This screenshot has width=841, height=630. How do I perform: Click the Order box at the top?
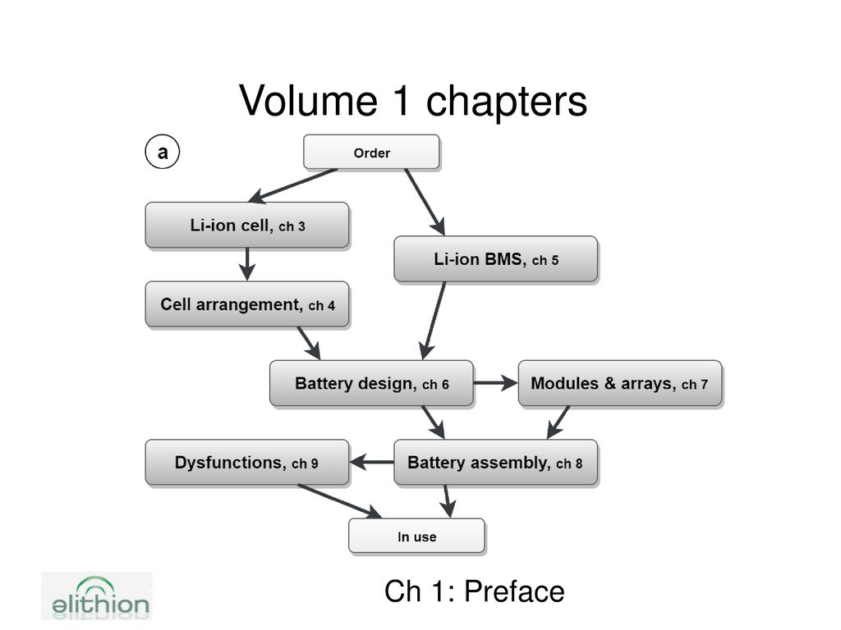coord(372,152)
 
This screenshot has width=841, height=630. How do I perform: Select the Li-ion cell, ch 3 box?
coord(247,225)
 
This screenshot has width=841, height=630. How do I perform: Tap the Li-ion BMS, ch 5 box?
coord(495,259)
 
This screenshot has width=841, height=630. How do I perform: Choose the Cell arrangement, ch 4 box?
coord(247,304)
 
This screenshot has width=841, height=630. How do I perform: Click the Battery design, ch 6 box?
coord(372,384)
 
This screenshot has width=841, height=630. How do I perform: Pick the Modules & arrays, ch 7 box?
coord(620,384)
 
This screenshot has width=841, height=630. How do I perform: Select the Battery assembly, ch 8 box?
coord(495,463)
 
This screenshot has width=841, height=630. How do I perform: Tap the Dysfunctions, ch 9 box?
coord(247,463)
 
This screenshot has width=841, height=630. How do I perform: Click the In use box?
coord(416,536)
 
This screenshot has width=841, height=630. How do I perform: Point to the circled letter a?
coord(163,152)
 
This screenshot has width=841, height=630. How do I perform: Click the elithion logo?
coord(97,596)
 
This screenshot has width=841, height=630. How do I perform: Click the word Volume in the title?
coord(309,101)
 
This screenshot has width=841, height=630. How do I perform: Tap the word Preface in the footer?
coord(514,591)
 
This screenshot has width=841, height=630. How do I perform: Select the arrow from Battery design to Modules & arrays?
coord(495,383)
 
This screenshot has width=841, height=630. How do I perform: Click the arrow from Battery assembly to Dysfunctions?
coord(371,462)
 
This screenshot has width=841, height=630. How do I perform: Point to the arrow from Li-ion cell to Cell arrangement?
coord(246,264)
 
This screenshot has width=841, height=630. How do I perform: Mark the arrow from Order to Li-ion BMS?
coord(425,202)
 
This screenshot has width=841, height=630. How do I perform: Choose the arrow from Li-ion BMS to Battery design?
coord(434,321)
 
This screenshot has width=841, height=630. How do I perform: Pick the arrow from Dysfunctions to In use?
coord(339,501)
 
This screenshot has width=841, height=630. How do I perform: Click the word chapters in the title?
coord(507,102)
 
